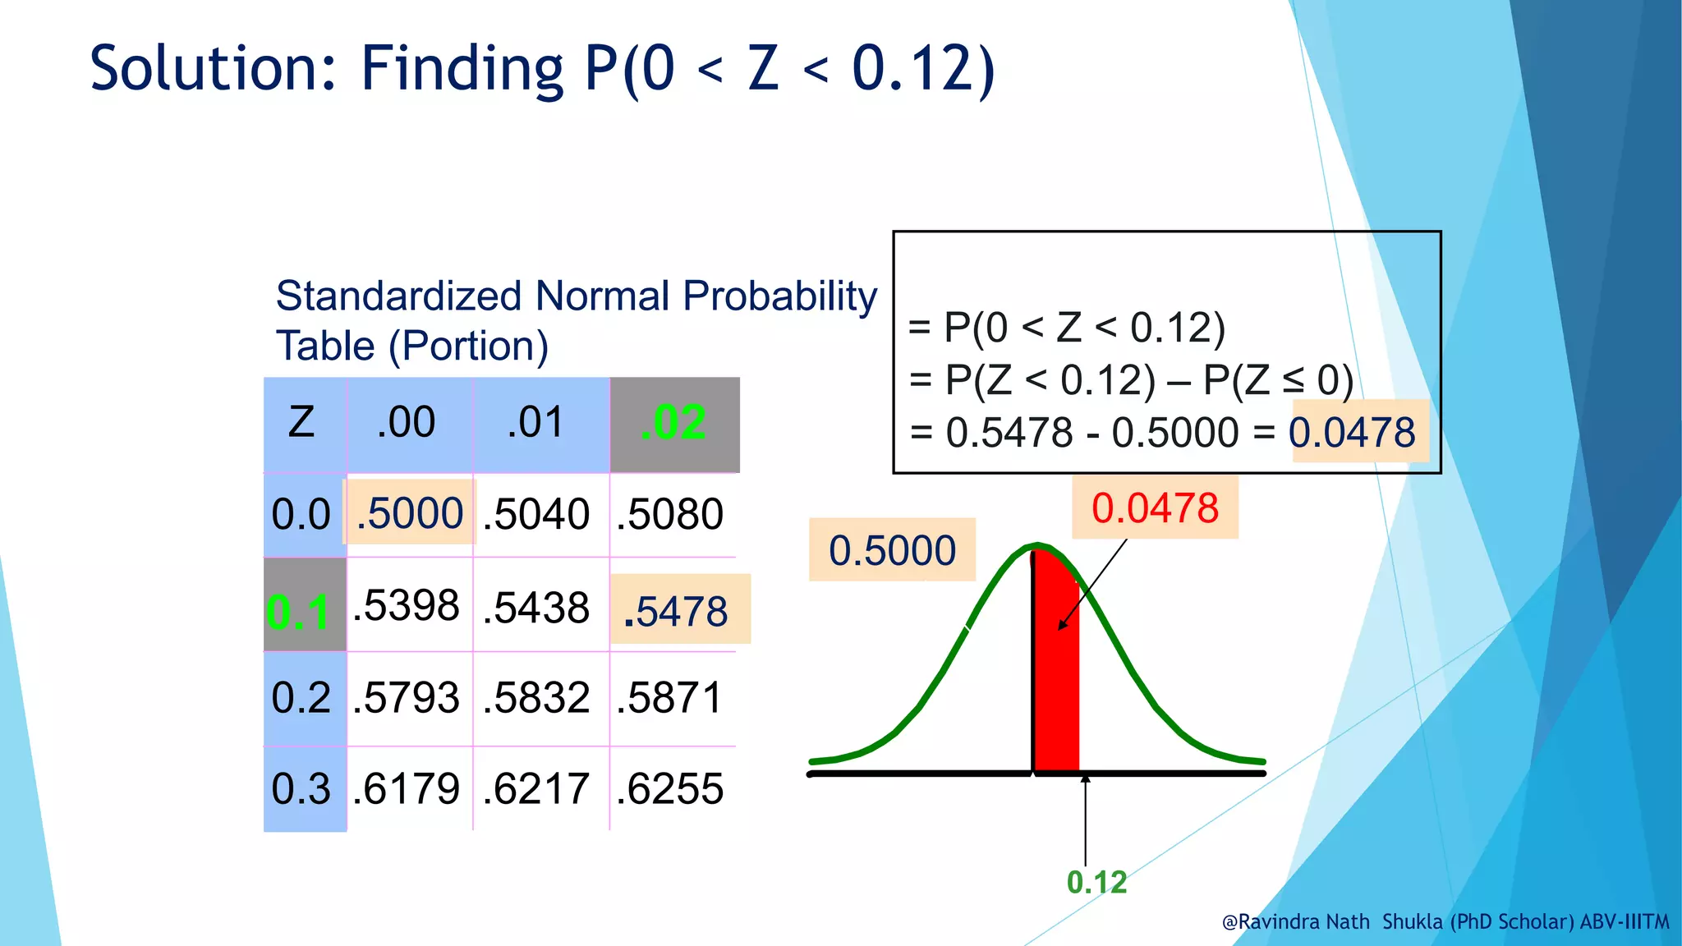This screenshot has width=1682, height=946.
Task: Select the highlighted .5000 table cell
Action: pos(410,513)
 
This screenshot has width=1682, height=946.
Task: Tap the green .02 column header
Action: pos(673,423)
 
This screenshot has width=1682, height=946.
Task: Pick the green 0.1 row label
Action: pos(299,613)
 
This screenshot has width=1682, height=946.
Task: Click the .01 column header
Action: pos(536,423)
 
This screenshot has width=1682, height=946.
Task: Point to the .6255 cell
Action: pos(670,788)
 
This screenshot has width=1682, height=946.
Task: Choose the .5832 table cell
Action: pos(536,698)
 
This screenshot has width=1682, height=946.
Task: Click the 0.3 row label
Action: pos(301,788)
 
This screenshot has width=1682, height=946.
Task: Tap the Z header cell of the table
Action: pos(301,423)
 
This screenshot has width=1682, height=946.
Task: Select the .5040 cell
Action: pos(536,514)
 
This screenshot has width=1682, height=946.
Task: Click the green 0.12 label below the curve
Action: pos(1096,882)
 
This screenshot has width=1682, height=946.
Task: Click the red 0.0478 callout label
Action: pos(1155,507)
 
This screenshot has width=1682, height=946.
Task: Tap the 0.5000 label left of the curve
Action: pos(892,550)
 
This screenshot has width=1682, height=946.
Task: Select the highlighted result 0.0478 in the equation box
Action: pos(1353,432)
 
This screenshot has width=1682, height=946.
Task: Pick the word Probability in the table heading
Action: pos(779,296)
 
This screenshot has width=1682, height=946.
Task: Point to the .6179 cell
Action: pos(407,788)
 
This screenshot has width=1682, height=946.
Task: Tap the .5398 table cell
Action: pos(407,606)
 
